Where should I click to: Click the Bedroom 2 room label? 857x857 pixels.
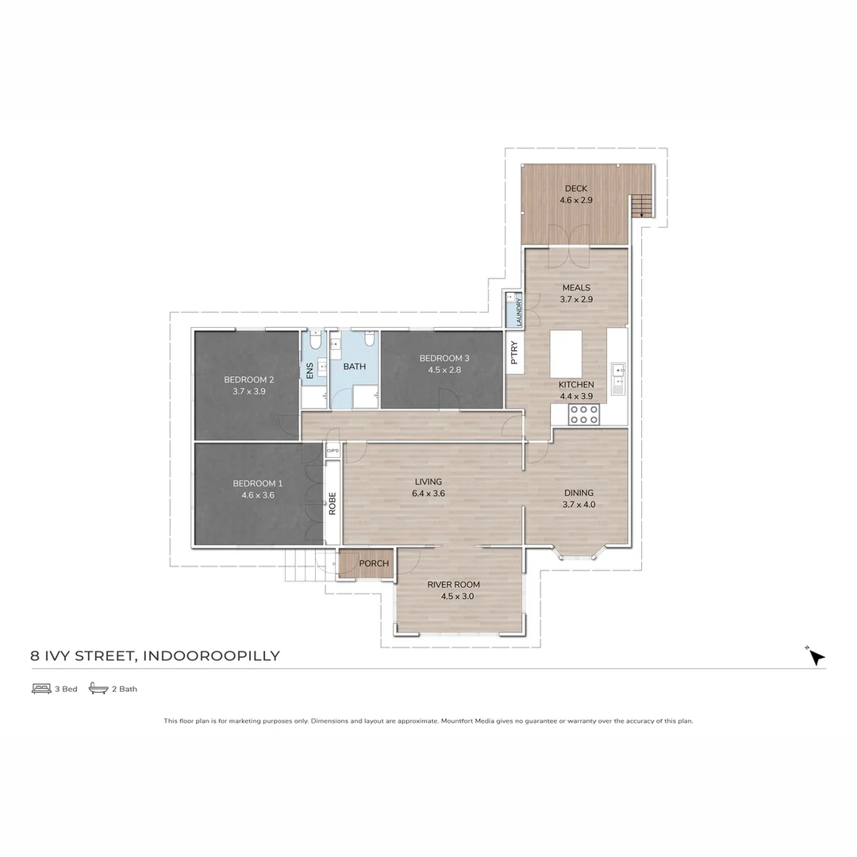tap(248, 379)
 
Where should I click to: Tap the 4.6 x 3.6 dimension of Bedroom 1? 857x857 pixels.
tap(257, 495)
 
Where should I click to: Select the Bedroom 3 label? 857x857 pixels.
tap(439, 358)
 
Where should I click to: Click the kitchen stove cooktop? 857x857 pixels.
tap(584, 414)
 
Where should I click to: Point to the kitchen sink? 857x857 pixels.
tap(618, 379)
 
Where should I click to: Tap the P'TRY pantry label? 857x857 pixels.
tap(514, 352)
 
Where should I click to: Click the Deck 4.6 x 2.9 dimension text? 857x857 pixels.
tap(575, 201)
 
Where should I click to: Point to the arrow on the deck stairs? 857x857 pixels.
tap(642, 209)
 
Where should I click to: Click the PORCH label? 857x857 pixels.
tap(374, 564)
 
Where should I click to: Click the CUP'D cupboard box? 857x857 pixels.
tap(332, 452)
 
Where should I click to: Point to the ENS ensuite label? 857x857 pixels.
tap(309, 371)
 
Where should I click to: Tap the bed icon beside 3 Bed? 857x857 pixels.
tap(41, 688)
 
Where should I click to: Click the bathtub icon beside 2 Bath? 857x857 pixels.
tap(98, 688)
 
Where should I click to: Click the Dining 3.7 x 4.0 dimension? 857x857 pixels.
tap(579, 505)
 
